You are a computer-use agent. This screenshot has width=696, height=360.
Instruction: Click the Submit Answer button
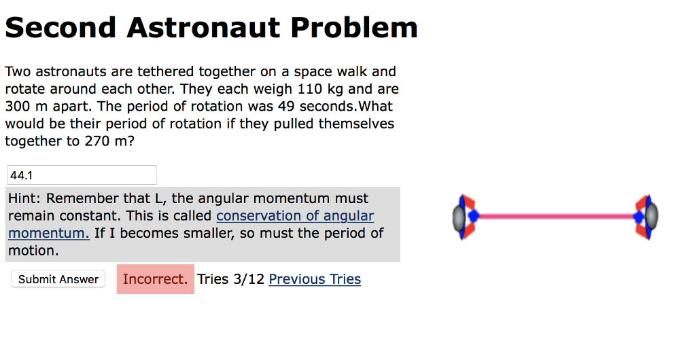pyautogui.click(x=58, y=279)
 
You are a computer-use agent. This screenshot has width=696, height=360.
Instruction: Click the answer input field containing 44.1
pyautogui.click(x=82, y=175)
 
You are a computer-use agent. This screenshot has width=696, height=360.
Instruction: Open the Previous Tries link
pyautogui.click(x=315, y=279)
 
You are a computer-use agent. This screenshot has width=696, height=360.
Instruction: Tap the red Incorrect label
pyautogui.click(x=155, y=279)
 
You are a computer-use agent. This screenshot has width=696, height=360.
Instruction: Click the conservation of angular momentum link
pyautogui.click(x=295, y=216)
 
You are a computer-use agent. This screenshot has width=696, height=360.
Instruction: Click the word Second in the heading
pyautogui.click(x=60, y=27)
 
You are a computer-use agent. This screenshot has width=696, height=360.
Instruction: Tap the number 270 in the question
pyautogui.click(x=97, y=142)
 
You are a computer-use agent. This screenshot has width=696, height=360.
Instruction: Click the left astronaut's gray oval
pyautogui.click(x=458, y=217)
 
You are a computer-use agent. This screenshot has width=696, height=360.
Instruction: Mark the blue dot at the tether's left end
pyautogui.click(x=473, y=217)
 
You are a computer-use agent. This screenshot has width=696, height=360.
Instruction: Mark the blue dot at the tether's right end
pyautogui.click(x=638, y=217)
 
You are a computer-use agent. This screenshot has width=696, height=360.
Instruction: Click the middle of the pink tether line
pyautogui.click(x=555, y=217)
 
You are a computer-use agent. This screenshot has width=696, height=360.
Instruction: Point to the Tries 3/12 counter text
pyautogui.click(x=230, y=279)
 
